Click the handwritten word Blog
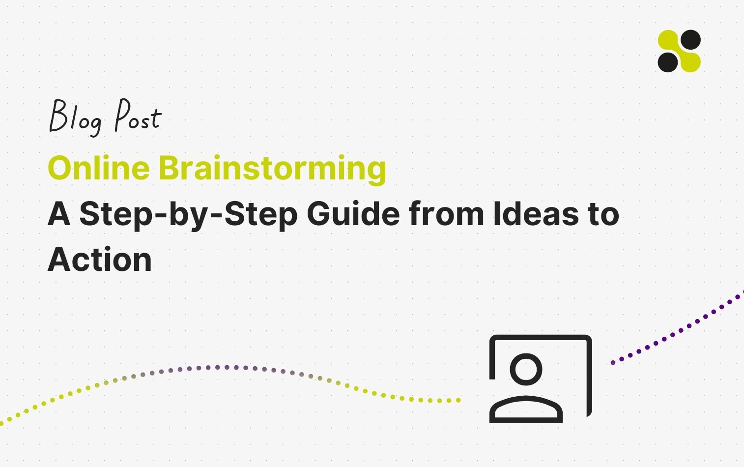75,117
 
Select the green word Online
98,168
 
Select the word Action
100,259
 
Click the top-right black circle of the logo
690,40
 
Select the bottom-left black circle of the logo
668,62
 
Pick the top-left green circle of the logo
668,40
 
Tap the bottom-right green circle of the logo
690,62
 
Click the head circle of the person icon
526,369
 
